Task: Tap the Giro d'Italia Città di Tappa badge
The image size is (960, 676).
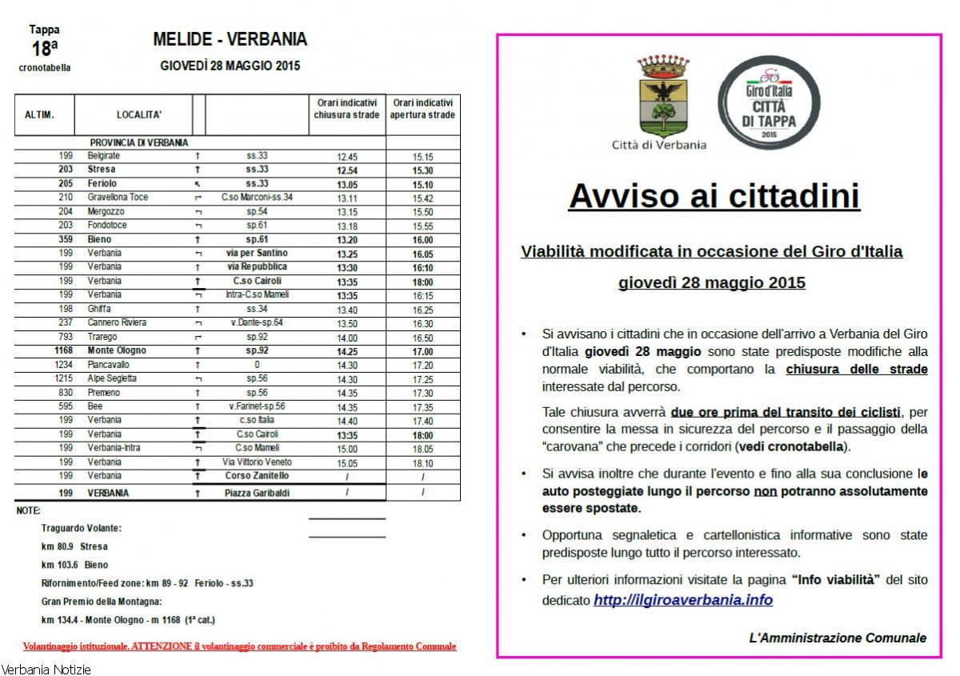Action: click(x=768, y=102)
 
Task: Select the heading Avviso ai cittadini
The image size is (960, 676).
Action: click(x=714, y=196)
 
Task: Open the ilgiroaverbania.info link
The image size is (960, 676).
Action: click(x=682, y=600)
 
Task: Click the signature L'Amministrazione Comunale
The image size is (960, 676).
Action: click(x=838, y=638)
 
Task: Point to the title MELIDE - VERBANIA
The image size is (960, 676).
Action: click(x=230, y=39)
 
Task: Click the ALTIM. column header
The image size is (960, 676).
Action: click(x=39, y=115)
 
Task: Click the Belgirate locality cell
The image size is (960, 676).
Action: click(x=104, y=157)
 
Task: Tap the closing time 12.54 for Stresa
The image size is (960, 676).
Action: click(x=347, y=170)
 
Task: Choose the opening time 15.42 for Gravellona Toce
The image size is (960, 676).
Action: click(x=422, y=198)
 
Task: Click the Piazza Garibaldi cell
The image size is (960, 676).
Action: click(x=256, y=493)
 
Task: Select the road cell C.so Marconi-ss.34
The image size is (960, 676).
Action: click(x=256, y=198)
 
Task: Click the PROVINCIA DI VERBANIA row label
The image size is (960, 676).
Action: click(x=139, y=142)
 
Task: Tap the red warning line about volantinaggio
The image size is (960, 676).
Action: click(x=240, y=646)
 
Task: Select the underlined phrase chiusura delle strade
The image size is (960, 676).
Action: click(x=857, y=370)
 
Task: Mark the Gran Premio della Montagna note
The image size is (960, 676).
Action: click(x=102, y=601)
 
